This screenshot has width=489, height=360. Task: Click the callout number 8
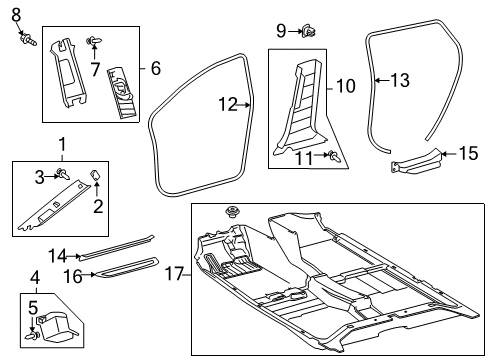(x=15, y=14)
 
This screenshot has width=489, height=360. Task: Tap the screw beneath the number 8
(x=24, y=41)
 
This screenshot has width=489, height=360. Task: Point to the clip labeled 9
(x=309, y=33)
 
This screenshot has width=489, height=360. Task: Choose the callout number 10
(x=345, y=87)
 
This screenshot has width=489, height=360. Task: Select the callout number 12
(x=228, y=103)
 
